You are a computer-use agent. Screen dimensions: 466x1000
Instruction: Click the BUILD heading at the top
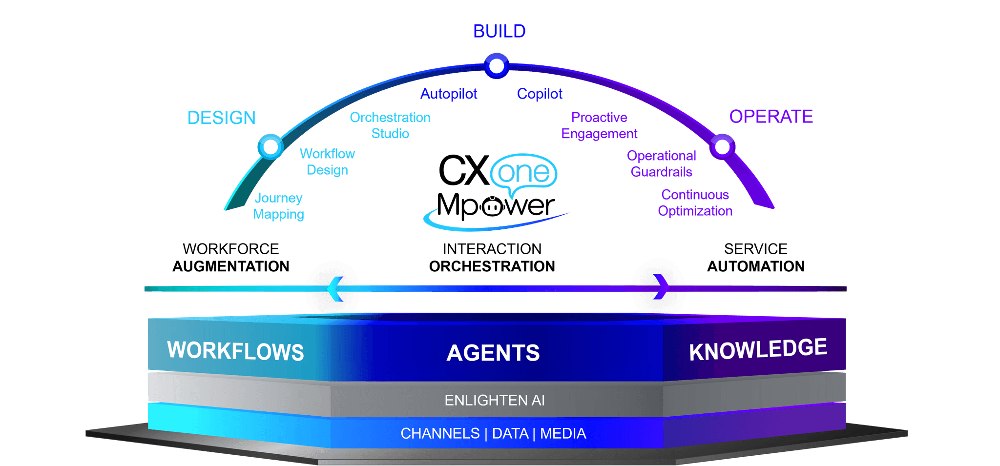(x=499, y=32)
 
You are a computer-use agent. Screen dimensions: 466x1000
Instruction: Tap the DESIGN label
(x=221, y=118)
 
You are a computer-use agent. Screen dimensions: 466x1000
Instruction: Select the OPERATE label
(x=771, y=117)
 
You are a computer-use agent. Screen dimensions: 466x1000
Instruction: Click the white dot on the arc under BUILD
(x=497, y=66)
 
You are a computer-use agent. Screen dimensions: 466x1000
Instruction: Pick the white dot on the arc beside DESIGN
(x=271, y=146)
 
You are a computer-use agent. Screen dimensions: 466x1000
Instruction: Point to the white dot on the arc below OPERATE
(x=722, y=146)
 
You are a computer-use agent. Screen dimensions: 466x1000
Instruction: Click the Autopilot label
(x=449, y=94)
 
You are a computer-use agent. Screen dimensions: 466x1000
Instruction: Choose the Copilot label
(x=540, y=94)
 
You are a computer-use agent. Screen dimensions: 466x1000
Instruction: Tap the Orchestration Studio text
(x=390, y=125)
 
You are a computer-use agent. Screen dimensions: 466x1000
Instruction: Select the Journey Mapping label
(x=278, y=206)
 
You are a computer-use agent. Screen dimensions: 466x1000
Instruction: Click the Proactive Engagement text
(x=600, y=125)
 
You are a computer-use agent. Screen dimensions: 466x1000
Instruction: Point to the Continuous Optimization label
(x=695, y=203)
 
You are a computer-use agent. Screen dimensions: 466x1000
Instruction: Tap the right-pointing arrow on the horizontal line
(x=660, y=286)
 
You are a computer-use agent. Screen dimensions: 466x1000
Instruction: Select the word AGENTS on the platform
(x=493, y=353)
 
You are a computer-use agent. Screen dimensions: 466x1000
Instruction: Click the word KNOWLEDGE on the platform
(x=758, y=349)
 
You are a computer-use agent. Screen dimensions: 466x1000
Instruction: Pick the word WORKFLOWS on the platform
(x=235, y=351)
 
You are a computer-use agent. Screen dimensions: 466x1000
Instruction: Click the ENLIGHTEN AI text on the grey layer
(x=494, y=400)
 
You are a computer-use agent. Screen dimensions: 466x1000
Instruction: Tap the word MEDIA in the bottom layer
(x=563, y=433)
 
